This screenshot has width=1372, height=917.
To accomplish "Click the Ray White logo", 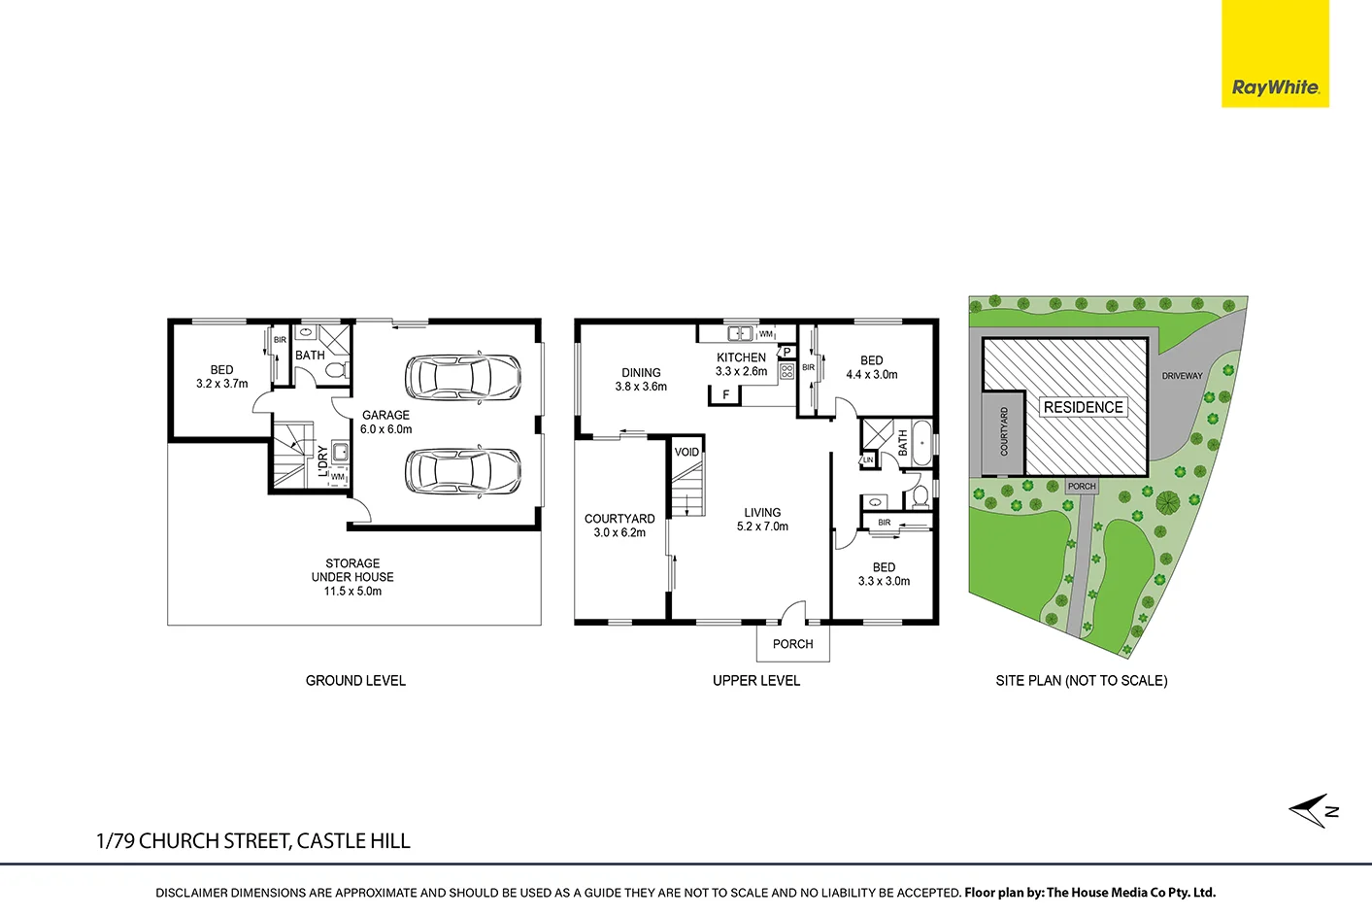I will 1275,54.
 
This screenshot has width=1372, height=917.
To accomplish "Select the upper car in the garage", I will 462,378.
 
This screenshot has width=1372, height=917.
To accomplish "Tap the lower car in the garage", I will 462,471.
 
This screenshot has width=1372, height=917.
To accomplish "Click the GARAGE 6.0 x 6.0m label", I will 385,422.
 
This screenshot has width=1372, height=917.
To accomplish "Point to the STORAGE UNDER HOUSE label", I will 352,577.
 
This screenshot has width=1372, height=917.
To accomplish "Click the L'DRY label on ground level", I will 323,460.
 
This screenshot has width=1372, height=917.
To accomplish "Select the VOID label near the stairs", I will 686,452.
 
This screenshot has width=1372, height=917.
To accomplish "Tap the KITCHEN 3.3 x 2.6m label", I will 741,364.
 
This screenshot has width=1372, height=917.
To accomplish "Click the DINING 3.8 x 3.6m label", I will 641,379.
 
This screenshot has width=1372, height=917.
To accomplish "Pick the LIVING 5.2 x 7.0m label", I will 762,519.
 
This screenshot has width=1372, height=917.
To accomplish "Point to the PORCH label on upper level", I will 792,644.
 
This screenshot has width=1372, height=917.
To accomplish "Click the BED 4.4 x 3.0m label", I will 871,367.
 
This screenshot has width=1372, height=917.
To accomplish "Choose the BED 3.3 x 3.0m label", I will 884,574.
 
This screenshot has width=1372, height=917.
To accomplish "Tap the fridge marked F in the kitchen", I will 725,394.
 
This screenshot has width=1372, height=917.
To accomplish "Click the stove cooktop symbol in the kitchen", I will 786,370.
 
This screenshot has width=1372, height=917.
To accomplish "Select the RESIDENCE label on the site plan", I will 1083,407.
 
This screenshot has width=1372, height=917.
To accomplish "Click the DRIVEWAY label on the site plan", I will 1182,376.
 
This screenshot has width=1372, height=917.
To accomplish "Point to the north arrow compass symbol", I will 1313,810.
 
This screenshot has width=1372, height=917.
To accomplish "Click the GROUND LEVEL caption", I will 355,681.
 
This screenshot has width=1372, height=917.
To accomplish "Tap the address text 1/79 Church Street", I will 253,841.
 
